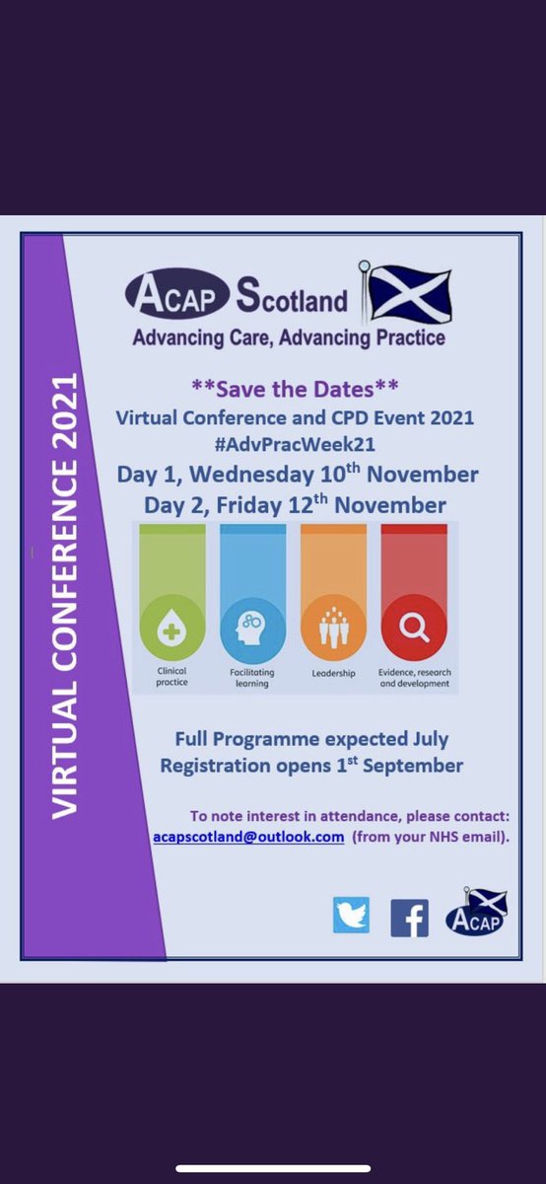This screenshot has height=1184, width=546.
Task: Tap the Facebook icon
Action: pos(409,918)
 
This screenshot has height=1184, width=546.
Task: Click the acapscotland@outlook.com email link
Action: pos(248,836)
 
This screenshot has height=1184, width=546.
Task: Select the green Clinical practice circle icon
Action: pos(173,628)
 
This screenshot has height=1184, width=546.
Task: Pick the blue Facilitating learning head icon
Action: pos(252,628)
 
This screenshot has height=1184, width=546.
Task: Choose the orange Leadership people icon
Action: pos(333,628)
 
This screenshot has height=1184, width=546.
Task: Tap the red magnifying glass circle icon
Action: pos(414,628)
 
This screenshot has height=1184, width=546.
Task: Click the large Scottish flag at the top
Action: pos(408,293)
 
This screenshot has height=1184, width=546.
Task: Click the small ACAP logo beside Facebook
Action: pos(476,913)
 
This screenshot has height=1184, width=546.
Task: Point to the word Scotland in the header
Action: pos(291,298)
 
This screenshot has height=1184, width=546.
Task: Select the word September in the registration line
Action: pos(409,765)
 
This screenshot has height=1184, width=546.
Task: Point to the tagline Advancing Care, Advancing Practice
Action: pos(288,338)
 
